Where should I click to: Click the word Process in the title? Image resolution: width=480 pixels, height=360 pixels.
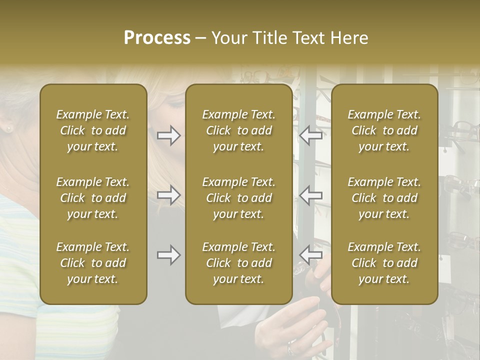coord(157,38)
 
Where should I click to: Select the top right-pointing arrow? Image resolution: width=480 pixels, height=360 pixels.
coord(168,135)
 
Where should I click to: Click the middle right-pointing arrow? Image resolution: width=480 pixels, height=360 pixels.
coord(168,195)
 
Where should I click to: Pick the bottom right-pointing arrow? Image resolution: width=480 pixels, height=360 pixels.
coord(168,255)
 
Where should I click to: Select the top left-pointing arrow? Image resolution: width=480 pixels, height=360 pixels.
coord(311,135)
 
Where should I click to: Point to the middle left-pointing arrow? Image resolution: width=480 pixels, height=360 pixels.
coord(311,195)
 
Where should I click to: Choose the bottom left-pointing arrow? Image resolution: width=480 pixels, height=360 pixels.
coord(311,255)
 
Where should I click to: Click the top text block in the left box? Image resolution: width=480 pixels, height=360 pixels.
coord(93,130)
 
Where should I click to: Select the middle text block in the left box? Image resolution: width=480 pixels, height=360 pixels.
coord(93,198)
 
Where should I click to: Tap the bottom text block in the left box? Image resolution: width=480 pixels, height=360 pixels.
coord(93,263)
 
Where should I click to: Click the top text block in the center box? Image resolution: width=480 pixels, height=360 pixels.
coord(238,130)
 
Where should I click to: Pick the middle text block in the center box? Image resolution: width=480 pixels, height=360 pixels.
coord(238,198)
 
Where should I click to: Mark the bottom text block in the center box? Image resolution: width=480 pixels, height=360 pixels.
coord(238,263)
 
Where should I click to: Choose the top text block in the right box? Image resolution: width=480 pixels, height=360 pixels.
coord(384,130)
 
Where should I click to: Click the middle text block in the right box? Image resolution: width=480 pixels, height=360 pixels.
coord(384,198)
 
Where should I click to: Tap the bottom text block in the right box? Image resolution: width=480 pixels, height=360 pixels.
coord(384,263)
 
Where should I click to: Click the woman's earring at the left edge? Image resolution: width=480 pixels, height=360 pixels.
coord(8,129)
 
